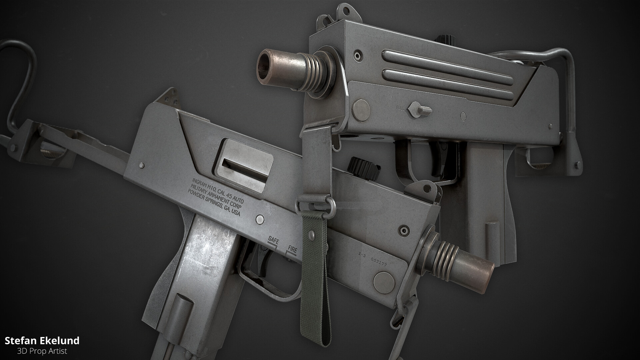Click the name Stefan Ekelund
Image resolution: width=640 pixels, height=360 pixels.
42,340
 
